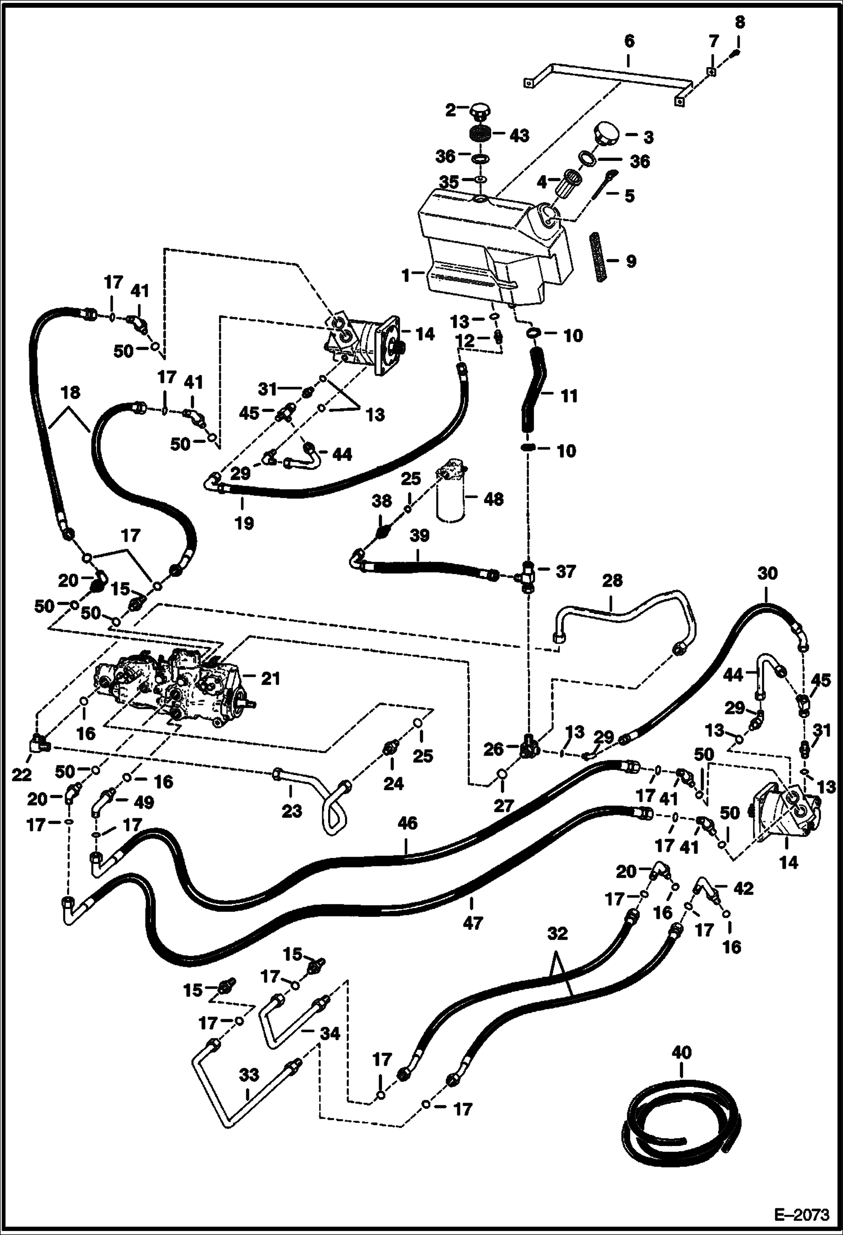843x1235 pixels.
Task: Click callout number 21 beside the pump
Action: point(270,679)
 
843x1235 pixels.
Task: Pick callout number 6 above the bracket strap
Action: point(629,41)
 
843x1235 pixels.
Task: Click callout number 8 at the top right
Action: point(739,22)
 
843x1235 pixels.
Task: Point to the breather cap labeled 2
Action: point(479,110)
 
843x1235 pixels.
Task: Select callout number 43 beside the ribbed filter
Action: point(519,136)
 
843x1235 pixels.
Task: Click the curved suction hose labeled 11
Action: point(533,394)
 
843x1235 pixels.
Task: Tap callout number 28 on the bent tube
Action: point(612,580)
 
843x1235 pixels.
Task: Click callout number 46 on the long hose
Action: point(407,823)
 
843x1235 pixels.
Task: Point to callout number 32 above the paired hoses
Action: point(557,934)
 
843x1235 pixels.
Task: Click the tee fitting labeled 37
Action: point(528,575)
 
